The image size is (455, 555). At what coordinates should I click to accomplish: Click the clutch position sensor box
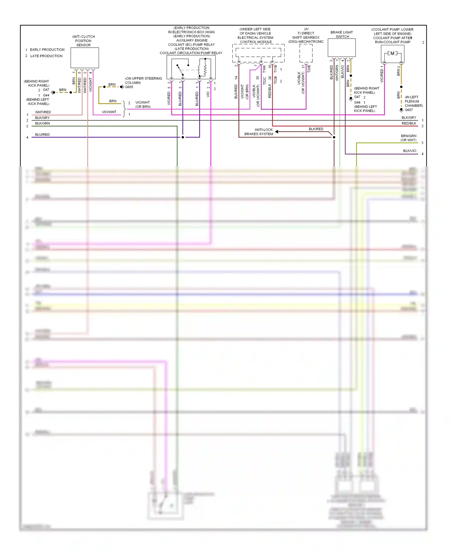tap(85, 58)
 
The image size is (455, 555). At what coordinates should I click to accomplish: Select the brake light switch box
tap(342, 48)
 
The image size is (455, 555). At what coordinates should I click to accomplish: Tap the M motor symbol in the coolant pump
tap(392, 53)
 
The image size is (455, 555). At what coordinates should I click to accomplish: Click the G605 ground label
tap(129, 87)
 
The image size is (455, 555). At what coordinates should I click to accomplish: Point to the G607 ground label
tap(409, 110)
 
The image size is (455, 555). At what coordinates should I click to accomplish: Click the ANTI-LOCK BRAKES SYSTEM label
tap(259, 132)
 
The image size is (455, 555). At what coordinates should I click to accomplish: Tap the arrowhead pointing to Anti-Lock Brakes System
tap(277, 131)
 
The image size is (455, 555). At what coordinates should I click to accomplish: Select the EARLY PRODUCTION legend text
tap(47, 50)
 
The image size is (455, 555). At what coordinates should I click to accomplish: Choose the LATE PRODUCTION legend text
tap(46, 56)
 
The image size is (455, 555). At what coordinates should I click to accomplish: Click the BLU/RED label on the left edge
tap(42, 134)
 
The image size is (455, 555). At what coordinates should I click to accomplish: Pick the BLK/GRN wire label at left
tap(42, 123)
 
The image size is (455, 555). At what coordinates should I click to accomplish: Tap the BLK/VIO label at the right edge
tap(409, 151)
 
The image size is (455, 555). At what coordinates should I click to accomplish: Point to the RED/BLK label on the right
tap(409, 123)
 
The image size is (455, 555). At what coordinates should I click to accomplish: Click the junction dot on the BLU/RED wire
tap(183, 137)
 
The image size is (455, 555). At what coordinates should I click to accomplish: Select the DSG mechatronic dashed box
tap(306, 53)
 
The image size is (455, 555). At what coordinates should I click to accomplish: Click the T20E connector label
tap(309, 69)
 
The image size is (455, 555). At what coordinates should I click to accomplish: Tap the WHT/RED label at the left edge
tap(43, 112)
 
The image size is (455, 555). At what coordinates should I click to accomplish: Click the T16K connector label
tap(264, 69)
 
